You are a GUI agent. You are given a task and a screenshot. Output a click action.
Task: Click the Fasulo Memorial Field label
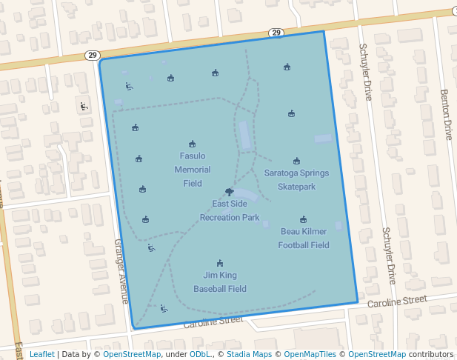point(193,169)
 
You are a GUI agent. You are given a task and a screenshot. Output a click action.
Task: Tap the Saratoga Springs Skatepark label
point(296,179)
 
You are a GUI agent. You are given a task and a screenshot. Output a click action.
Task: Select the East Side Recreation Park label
point(230,211)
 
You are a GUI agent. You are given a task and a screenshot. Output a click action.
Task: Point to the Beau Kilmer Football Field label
point(304,238)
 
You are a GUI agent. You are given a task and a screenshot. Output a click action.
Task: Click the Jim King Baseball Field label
point(220,281)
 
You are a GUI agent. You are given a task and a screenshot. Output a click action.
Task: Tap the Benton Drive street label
point(446,115)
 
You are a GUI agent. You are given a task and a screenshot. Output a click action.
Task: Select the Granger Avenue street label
point(121,271)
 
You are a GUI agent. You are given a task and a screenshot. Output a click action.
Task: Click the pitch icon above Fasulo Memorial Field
point(193,144)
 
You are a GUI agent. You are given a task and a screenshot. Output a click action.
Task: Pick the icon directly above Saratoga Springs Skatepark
point(296,161)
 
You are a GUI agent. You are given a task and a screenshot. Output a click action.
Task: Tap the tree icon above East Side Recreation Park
point(230,191)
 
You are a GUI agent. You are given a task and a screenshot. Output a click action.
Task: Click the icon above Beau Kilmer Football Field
point(304,219)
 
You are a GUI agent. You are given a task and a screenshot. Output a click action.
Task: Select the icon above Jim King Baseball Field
point(220,263)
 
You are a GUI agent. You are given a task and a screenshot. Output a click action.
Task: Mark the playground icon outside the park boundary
point(83,107)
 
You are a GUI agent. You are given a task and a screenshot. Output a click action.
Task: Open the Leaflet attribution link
point(41,354)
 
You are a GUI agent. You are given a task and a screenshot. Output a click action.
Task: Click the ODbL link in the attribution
point(200,354)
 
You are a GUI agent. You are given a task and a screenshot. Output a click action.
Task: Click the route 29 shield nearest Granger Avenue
point(92,55)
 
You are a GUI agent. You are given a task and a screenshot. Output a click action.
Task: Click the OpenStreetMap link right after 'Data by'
point(132,354)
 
